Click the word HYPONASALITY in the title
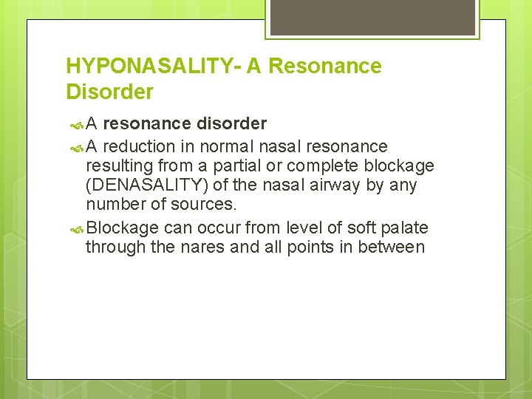click(143, 66)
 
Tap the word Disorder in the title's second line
click(109, 92)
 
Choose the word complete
click(332, 166)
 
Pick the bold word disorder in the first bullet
click(231, 123)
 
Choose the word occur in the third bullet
click(215, 228)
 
